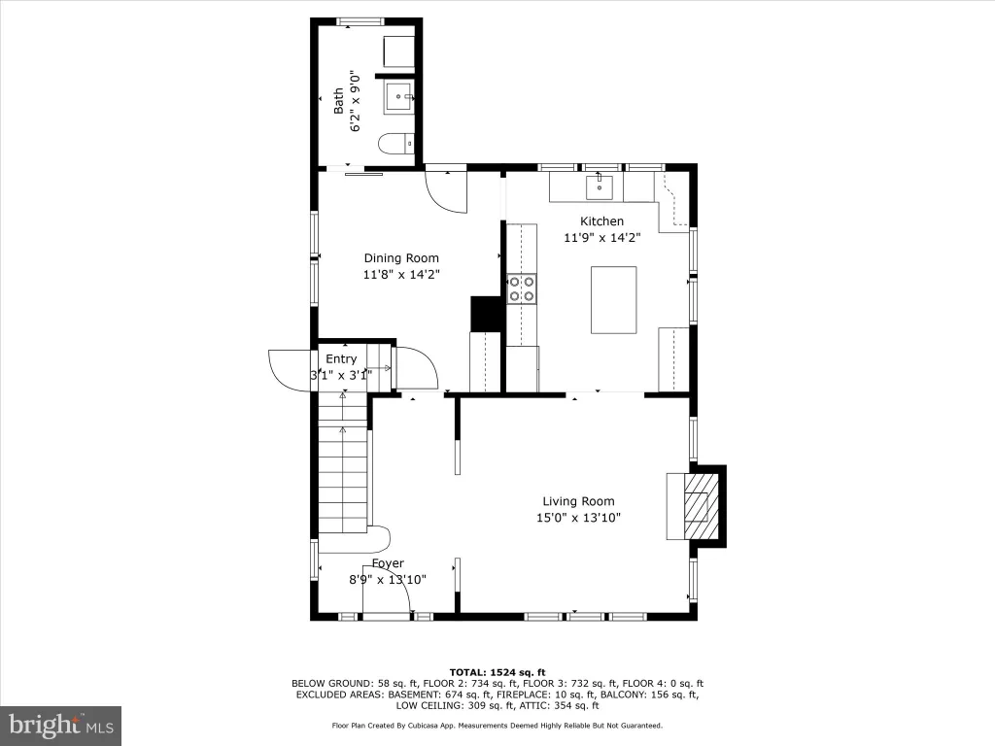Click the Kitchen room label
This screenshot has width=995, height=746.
[x=601, y=221]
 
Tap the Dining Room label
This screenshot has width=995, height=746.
[x=401, y=258]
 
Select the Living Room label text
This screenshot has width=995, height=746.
[x=578, y=501]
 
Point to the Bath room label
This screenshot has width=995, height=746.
[x=339, y=101]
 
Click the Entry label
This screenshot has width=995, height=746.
[x=341, y=359]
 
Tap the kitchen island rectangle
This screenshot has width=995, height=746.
[x=614, y=300]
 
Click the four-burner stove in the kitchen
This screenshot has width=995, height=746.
[x=522, y=288]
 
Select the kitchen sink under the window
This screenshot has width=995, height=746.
[x=599, y=187]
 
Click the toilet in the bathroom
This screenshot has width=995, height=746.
[x=396, y=144]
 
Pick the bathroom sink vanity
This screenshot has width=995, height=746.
[x=399, y=96]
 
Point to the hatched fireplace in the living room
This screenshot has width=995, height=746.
[x=696, y=506]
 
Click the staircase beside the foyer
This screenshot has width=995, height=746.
[x=343, y=462]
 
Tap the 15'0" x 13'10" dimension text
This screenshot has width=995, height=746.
[x=578, y=518]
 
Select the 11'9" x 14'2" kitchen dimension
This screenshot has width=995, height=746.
[x=602, y=238]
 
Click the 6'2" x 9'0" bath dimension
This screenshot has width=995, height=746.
[x=356, y=101]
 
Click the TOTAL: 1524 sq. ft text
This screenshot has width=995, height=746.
[x=497, y=672]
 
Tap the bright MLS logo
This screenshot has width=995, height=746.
[x=61, y=725]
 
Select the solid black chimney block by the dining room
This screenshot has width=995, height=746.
[x=487, y=314]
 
